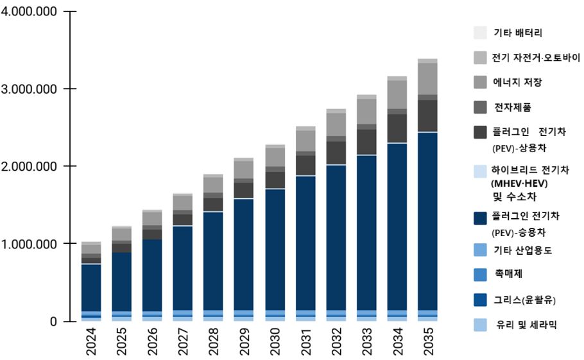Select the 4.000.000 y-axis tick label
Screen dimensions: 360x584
tap(30, 12)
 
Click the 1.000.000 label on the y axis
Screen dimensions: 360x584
tap(30, 244)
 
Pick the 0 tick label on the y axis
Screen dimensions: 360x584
tap(53, 321)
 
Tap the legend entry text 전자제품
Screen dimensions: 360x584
tap(512, 107)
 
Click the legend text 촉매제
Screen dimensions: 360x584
tap(508, 273)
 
